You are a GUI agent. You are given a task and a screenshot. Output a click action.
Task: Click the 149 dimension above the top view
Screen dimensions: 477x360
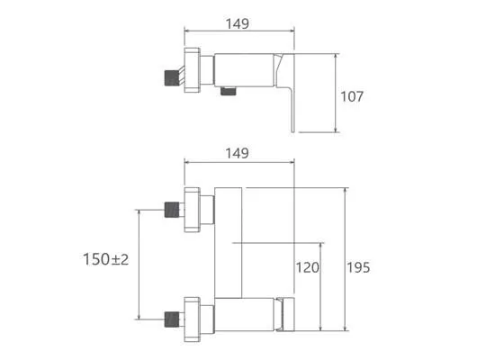[x=238, y=23]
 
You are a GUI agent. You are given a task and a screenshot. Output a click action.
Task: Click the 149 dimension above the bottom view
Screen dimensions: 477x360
[x=238, y=153]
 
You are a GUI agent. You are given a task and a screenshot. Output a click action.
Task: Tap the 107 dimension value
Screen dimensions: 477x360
[x=352, y=96]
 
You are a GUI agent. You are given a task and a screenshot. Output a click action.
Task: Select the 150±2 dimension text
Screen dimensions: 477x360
[x=106, y=259]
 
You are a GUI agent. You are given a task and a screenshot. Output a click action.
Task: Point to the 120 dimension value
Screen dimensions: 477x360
[x=308, y=267]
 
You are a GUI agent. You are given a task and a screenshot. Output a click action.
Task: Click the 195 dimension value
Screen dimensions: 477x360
[x=359, y=267]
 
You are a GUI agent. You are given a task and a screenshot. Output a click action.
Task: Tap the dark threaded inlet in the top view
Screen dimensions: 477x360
[x=172, y=78]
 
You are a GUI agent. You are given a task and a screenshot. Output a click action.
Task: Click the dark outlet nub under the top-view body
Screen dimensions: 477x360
[x=229, y=91]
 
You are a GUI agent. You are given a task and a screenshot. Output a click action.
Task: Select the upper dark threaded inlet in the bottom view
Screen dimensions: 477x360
[x=172, y=210]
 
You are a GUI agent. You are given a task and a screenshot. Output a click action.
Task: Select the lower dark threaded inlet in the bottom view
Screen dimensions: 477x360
[x=172, y=319]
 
